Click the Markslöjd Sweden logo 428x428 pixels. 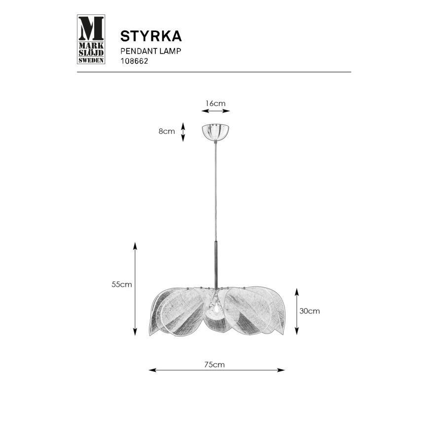pos(91,40)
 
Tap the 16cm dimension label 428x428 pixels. pos(215,104)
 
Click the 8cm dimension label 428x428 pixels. pos(167,131)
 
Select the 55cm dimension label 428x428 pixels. pos(121,285)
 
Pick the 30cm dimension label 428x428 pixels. pos(310,311)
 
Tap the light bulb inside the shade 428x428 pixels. pos(215,308)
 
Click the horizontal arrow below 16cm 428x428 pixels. pos(216,112)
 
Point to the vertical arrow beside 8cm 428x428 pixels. pos(183,132)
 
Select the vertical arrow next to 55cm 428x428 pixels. pos(135,289)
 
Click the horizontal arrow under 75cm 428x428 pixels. pos(216,370)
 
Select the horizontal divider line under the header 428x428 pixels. pos(214,72)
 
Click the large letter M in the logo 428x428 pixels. pos(91,28)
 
